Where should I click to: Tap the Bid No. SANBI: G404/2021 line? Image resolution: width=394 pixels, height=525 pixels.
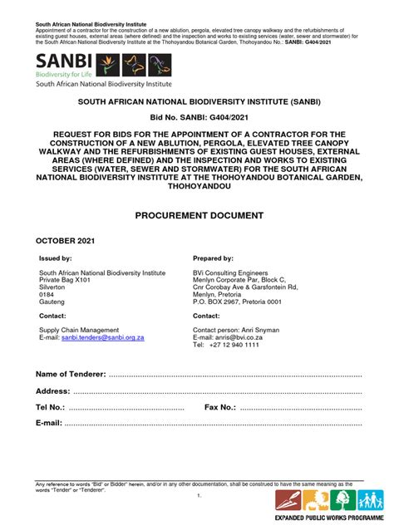pos(197,118)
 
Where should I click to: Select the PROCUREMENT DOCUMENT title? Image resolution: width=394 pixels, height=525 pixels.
pos(198,215)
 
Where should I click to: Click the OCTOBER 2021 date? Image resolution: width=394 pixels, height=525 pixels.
pos(66,240)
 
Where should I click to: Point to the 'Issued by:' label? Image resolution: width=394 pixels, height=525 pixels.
pos(56,259)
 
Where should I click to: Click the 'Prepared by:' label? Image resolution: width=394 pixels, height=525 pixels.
pos(213,259)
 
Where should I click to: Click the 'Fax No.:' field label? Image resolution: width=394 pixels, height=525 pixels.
pos(220,407)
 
